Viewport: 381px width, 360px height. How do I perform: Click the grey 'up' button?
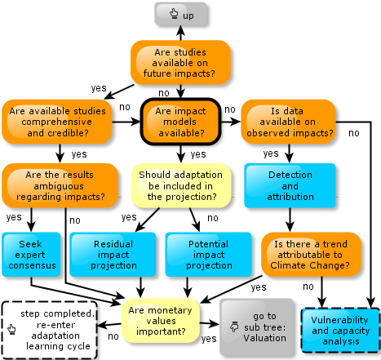[181, 14]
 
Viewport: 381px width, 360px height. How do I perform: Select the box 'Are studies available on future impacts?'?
[180, 63]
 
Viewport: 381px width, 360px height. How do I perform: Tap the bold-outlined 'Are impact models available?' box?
[180, 122]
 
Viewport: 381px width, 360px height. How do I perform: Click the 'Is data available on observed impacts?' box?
[288, 122]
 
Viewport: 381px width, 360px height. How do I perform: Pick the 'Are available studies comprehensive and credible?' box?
[57, 122]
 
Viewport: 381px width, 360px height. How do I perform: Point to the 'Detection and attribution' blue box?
[290, 185]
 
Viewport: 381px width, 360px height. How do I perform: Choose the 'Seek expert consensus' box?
[31, 255]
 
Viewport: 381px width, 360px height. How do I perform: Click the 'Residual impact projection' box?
[113, 255]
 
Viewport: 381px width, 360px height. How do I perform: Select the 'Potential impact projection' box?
[209, 255]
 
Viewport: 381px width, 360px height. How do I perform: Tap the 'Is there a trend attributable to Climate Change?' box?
[311, 255]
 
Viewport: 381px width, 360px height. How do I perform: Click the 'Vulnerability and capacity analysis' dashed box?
[340, 331]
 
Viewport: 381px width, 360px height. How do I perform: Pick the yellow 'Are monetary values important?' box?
[161, 321]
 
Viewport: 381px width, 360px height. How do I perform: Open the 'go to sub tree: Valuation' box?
[257, 327]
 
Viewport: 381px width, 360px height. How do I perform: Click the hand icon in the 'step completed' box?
[11, 329]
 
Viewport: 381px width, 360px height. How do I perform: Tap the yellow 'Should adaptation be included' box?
[181, 185]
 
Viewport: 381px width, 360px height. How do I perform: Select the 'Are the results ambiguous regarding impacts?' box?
[60, 185]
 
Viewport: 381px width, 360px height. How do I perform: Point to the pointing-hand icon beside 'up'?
[174, 13]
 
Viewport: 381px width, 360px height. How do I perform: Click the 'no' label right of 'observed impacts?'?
[354, 133]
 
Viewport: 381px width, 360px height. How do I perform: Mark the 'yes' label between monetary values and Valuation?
[209, 339]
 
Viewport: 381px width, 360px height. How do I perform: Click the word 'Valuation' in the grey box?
[264, 338]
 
